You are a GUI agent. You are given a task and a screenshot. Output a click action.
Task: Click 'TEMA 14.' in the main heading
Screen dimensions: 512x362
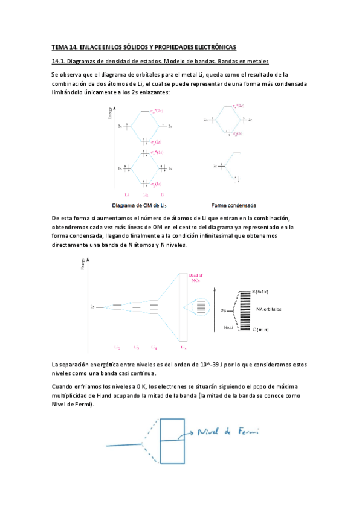point(63,46)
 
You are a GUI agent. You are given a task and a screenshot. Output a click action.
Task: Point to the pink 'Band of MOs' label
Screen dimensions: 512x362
point(198,280)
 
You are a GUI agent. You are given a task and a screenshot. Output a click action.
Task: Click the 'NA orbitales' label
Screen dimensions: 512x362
point(269,310)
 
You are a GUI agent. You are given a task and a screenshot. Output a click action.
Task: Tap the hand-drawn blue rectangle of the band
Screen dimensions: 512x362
point(170,441)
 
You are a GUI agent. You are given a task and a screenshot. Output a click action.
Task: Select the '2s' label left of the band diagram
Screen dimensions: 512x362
point(93,307)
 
